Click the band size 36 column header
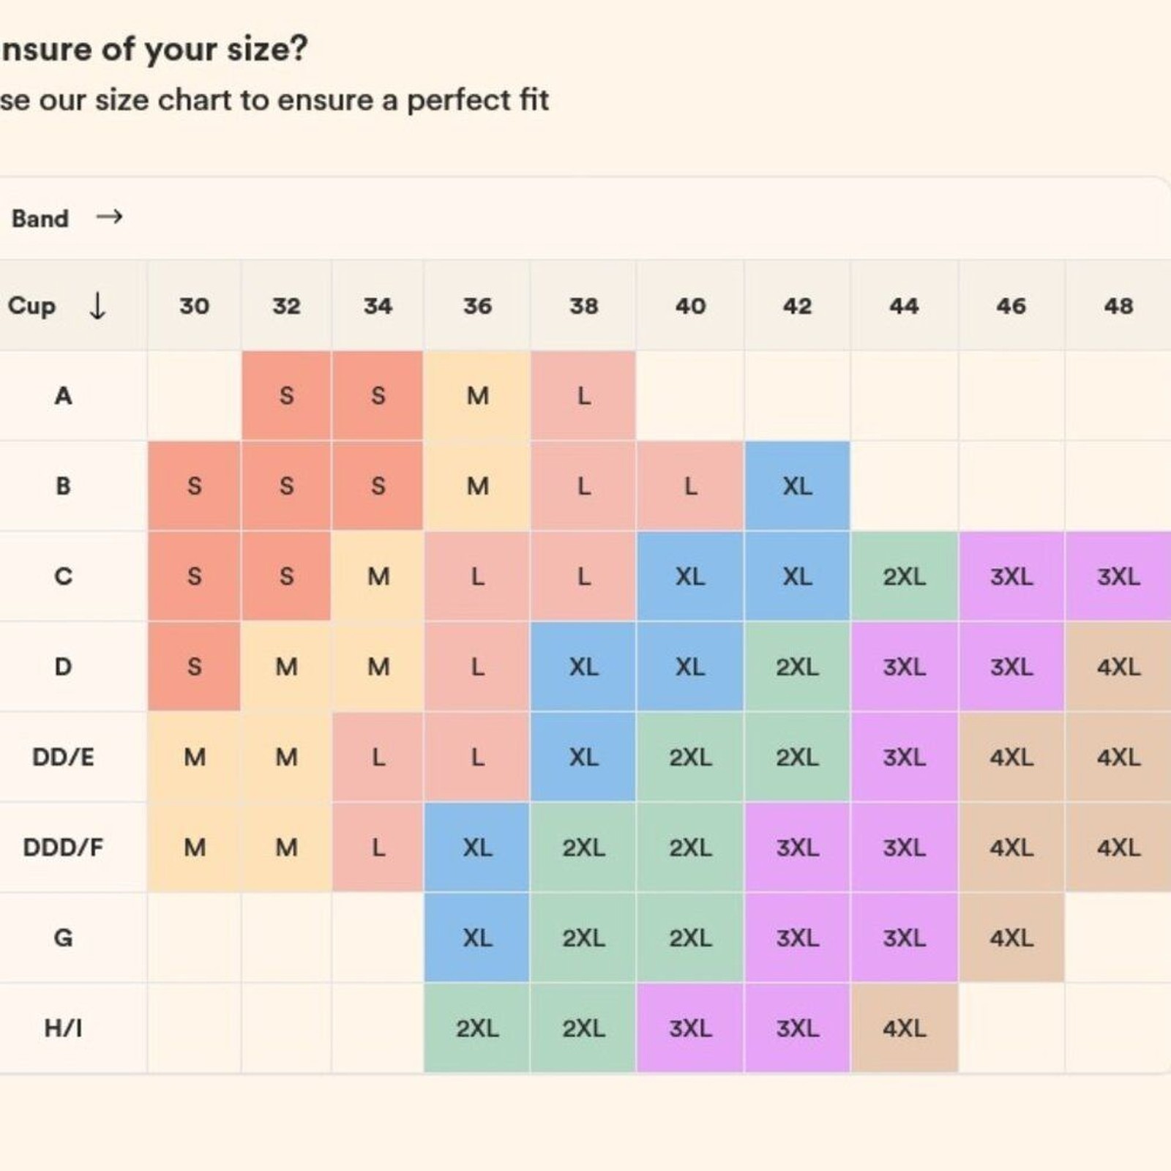477,305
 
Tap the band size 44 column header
904,305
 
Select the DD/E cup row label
63,757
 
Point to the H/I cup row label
63,1028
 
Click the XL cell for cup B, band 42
797,486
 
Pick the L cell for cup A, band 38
583,396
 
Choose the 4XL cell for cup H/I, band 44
904,1028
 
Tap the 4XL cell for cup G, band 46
1011,938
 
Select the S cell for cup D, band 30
194,667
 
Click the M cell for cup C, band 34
378,577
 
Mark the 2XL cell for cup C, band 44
904,577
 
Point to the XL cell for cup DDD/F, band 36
477,848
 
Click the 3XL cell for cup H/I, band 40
690,1028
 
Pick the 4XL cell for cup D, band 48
1118,667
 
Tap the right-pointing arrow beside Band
109,217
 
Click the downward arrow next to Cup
97,305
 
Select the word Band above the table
40,218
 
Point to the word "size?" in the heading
267,49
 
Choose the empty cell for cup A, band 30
194,396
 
